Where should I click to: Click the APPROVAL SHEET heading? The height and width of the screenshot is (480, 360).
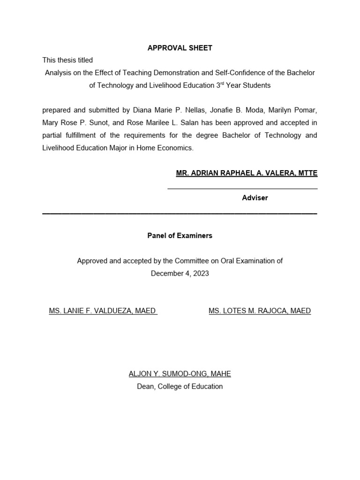(180, 48)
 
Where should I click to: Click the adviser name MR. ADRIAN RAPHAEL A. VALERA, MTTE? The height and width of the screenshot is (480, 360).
(247, 173)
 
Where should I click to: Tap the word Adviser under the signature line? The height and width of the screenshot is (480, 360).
(255, 198)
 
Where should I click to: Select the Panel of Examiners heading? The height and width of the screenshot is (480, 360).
(180, 236)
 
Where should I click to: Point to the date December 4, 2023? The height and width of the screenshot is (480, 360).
(180, 273)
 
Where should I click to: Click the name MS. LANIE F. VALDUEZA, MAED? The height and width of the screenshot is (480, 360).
(103, 311)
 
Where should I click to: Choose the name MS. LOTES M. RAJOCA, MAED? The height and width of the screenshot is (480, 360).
(260, 311)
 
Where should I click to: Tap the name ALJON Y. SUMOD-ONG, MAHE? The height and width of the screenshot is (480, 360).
(180, 374)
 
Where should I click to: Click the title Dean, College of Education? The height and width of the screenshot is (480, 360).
(180, 387)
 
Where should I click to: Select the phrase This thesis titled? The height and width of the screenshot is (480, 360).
(67, 60)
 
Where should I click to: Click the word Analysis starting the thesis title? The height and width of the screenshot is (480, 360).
(58, 73)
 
